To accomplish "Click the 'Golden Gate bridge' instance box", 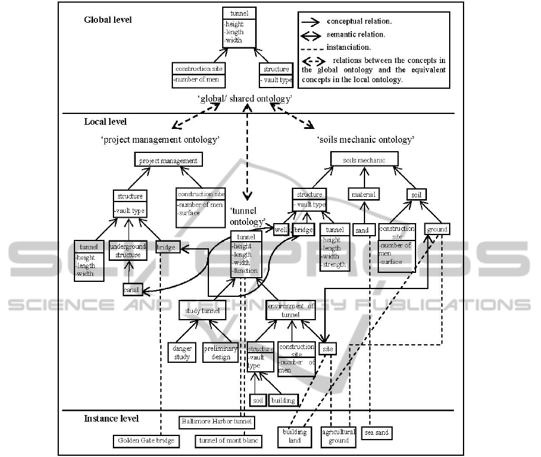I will [x=145, y=441].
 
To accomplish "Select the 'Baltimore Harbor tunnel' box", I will [x=217, y=423].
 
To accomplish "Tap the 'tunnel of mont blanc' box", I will [x=228, y=441].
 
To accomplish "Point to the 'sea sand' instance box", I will [x=377, y=432].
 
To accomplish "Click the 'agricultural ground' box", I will [x=339, y=436].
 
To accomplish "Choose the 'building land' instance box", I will [x=295, y=436].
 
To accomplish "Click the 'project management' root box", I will [x=168, y=161].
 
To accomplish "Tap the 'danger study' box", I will [x=182, y=352].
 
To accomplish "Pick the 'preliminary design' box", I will [x=220, y=352].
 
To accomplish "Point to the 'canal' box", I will [x=132, y=290].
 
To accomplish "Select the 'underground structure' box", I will [x=128, y=251].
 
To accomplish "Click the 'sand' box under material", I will [x=361, y=230].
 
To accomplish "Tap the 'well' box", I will [x=281, y=230].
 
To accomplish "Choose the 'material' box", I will [x=364, y=194].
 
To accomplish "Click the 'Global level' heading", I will [x=107, y=20].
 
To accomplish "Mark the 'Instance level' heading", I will [x=111, y=418].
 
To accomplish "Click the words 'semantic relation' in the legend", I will [x=355, y=34].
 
